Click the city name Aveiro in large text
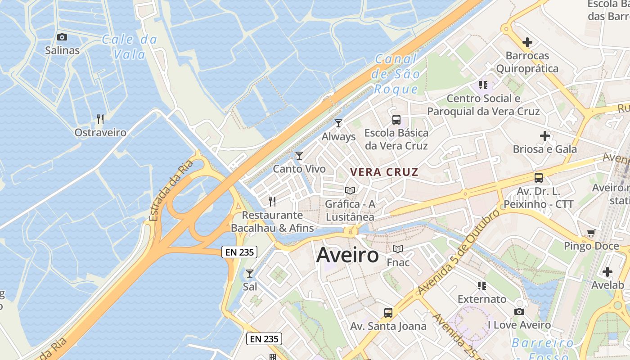pyautogui.click(x=347, y=255)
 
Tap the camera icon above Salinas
pyautogui.click(x=62, y=37)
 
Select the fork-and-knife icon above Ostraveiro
pyautogui.click(x=100, y=119)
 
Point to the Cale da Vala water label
pyautogui.click(x=130, y=47)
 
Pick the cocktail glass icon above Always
pyautogui.click(x=338, y=123)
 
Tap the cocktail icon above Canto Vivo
pyautogui.click(x=299, y=156)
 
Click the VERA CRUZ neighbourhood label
pyautogui.click(x=384, y=172)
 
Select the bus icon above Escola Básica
pyautogui.click(x=396, y=120)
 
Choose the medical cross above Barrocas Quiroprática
pyautogui.click(x=527, y=42)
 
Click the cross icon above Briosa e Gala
pyautogui.click(x=545, y=135)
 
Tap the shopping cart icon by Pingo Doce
pyautogui.click(x=591, y=233)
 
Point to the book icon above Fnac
pyautogui.click(x=397, y=249)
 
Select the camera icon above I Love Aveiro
pyautogui.click(x=519, y=311)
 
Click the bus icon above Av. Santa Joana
pyautogui.click(x=388, y=312)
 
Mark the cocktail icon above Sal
pyautogui.click(x=250, y=273)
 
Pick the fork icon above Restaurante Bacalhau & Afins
pyautogui.click(x=272, y=201)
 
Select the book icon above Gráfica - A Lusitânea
pyautogui.click(x=350, y=190)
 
